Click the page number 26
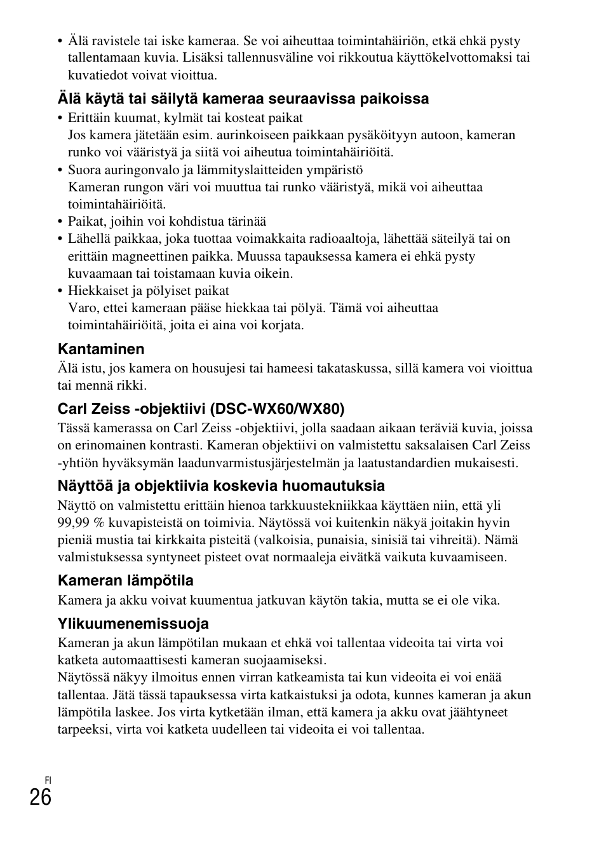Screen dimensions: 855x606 point(40,797)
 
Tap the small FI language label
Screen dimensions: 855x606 point(48,779)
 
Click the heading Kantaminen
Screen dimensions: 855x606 point(101,349)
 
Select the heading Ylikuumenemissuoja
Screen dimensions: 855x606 point(133,623)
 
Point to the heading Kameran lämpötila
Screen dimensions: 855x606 point(126,580)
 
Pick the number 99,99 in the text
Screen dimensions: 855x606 point(74,523)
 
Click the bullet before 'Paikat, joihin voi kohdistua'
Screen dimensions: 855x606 point(61,222)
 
